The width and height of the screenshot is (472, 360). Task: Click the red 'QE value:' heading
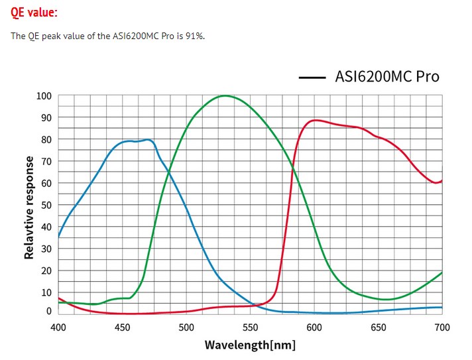[x=34, y=13]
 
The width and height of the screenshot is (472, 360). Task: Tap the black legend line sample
[x=312, y=78]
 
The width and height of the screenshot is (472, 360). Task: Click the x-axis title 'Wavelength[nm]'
[x=250, y=345]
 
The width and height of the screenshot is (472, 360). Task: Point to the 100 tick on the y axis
[x=44, y=95]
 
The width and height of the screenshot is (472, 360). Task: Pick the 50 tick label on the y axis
[x=46, y=205]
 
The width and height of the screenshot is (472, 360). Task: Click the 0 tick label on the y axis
[x=48, y=310]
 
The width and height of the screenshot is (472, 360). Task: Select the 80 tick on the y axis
[x=46, y=139]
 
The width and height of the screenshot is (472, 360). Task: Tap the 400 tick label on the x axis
[x=58, y=327]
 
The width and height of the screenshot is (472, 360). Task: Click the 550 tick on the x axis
[x=251, y=327]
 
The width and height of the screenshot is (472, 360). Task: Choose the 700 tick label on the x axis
[x=442, y=327]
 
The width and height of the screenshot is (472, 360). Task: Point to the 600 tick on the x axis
[x=314, y=327]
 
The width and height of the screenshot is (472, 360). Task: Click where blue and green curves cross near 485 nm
[x=168, y=172]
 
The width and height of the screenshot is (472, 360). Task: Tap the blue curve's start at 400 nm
[x=59, y=236]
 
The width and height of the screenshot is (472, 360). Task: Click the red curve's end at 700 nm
[x=442, y=180]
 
